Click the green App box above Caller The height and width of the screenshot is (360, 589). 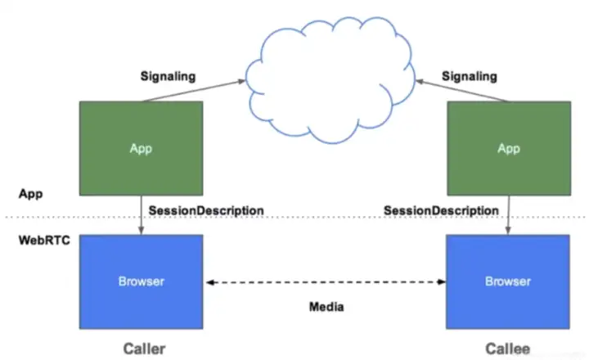point(141,148)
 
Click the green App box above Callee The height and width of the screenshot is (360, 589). point(508,148)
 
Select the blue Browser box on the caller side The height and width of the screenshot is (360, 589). point(141,281)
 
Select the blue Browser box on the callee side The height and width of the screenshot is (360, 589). point(508,281)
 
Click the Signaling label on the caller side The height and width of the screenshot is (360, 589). point(168,76)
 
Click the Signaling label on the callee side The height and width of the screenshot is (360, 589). point(470,76)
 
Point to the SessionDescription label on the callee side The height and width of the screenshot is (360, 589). point(441,210)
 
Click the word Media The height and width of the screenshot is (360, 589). point(326,308)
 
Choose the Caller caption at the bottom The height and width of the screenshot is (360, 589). point(144,349)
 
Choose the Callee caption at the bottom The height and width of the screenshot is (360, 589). point(507,349)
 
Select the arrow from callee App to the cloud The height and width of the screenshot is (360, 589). point(462,90)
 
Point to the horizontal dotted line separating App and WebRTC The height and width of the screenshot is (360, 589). point(327,217)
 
